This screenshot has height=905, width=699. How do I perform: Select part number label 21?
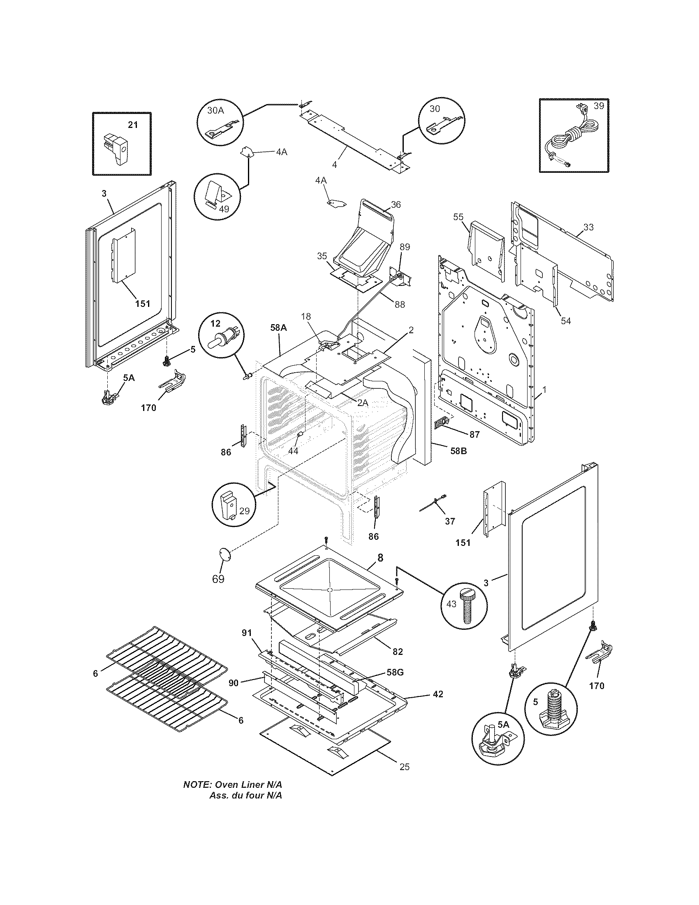point(132,124)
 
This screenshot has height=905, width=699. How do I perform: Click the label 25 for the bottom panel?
point(405,767)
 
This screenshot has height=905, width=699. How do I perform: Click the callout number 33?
point(588,227)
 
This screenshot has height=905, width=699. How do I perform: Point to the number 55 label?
point(458,217)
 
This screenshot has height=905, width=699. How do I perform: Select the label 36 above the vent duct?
point(396,205)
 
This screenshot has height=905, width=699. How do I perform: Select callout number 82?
point(397,652)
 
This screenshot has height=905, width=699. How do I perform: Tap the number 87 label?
point(474,435)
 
